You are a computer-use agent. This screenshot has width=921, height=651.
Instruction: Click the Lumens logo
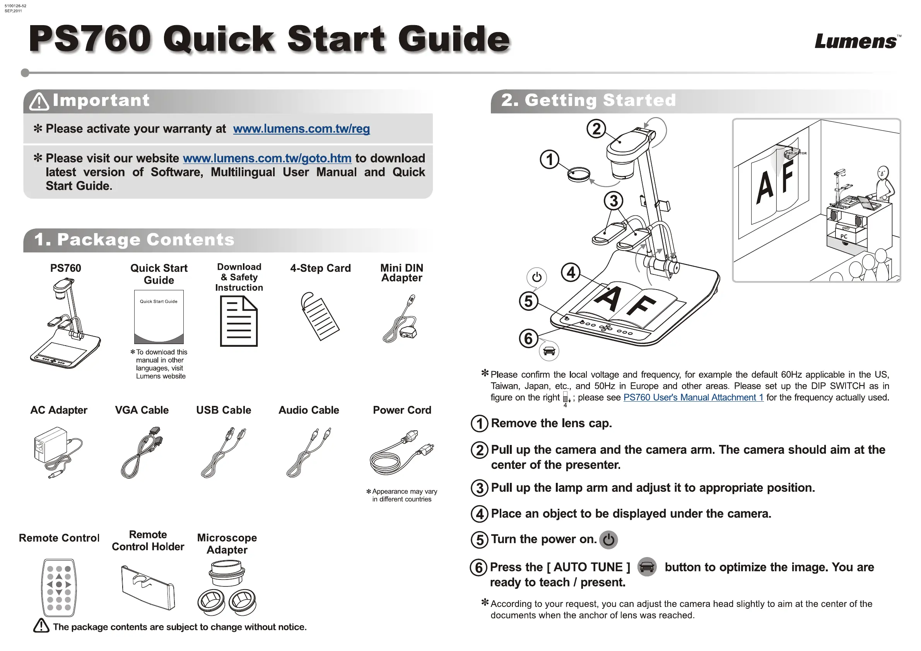[856, 41]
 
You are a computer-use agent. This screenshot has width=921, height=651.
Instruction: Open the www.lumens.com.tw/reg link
[301, 129]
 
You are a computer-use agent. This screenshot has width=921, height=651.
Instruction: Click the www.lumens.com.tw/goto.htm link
[267, 158]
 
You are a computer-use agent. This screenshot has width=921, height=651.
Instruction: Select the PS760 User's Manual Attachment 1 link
[693, 397]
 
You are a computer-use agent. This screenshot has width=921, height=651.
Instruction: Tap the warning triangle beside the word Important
[39, 101]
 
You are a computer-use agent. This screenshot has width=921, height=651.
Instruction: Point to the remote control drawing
[58, 587]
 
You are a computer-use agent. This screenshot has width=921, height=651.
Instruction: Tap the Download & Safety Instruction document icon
[239, 321]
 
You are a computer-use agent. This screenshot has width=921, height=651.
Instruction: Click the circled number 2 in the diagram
[596, 129]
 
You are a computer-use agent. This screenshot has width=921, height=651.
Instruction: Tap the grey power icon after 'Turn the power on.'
[608, 540]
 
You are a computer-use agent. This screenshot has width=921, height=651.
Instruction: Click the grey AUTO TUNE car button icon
[647, 567]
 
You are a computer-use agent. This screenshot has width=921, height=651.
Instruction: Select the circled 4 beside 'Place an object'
[479, 514]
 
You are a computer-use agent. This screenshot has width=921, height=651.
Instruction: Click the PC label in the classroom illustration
[844, 237]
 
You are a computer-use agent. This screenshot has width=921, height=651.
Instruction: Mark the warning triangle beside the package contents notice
[41, 626]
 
